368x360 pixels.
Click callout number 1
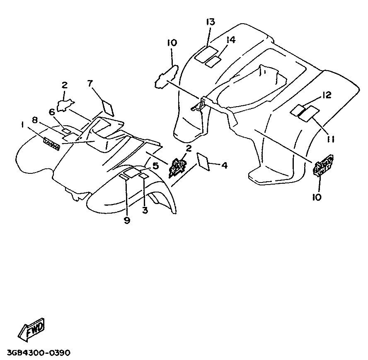tap(22, 124)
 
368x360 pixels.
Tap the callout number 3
tap(145, 210)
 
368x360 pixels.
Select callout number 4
tap(224, 166)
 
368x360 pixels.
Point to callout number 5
tap(155, 166)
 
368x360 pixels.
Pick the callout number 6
tap(52, 112)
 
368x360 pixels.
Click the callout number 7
tap(91, 83)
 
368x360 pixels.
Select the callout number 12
tap(327, 96)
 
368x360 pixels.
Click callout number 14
tap(231, 40)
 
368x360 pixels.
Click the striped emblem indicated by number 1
tap(52, 142)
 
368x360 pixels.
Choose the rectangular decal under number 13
tap(206, 54)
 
